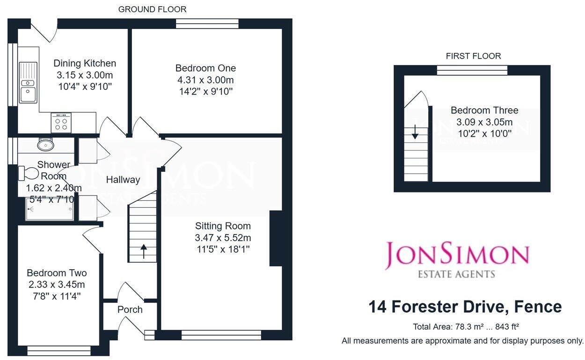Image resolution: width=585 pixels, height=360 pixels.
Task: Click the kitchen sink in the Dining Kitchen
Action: (28, 82)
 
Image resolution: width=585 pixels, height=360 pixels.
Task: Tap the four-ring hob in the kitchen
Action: (61, 123)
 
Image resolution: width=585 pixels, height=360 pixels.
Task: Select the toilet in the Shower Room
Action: (29, 174)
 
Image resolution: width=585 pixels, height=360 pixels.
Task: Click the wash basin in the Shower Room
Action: (45, 145)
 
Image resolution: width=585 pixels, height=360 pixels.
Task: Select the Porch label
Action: (130, 309)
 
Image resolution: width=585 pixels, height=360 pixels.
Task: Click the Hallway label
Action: (123, 179)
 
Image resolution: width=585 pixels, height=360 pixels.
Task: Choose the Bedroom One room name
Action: (205, 68)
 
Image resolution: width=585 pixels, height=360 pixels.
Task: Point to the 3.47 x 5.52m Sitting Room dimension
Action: (223, 238)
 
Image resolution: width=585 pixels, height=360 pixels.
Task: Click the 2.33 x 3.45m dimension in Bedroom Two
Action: (57, 284)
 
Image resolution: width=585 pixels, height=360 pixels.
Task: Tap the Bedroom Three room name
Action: (484, 110)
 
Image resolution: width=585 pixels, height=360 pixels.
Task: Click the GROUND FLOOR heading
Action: (152, 9)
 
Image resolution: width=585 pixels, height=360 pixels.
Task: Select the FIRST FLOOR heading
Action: (473, 56)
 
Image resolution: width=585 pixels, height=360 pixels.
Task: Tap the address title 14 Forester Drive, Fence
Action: (465, 307)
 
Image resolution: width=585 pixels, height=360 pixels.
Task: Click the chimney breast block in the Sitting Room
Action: (275, 239)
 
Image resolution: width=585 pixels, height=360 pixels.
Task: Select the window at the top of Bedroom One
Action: (207, 23)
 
